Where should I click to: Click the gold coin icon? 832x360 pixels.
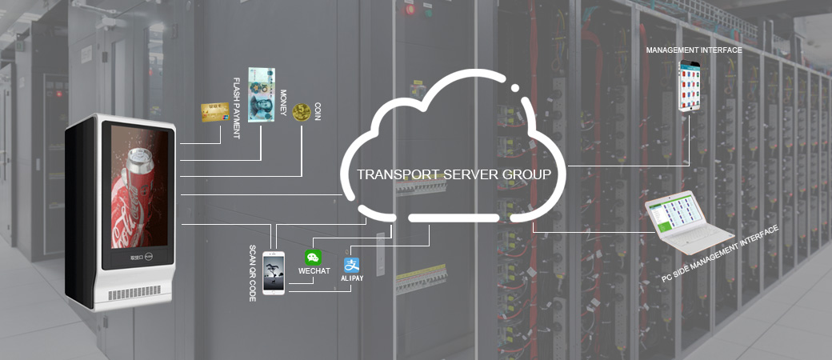click(x=302, y=112)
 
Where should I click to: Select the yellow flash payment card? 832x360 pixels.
click(x=215, y=112)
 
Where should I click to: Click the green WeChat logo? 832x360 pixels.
click(x=313, y=258)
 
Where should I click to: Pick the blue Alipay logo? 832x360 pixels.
click(x=351, y=265)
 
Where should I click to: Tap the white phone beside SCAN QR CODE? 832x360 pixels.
click(x=274, y=272)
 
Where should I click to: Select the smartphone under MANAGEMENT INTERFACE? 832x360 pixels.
click(x=690, y=86)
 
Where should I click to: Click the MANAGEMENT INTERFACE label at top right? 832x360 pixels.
click(x=694, y=50)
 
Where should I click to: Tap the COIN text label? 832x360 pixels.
click(x=318, y=111)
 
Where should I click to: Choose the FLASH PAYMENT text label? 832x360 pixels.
click(x=236, y=108)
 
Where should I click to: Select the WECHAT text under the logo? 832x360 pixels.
click(x=314, y=270)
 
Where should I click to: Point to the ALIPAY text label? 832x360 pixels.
click(x=352, y=278)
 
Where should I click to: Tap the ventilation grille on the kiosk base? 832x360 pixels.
click(x=134, y=293)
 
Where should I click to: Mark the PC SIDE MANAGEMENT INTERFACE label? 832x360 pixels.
click(x=720, y=254)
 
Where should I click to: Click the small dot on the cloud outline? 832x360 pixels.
click(x=514, y=88)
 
